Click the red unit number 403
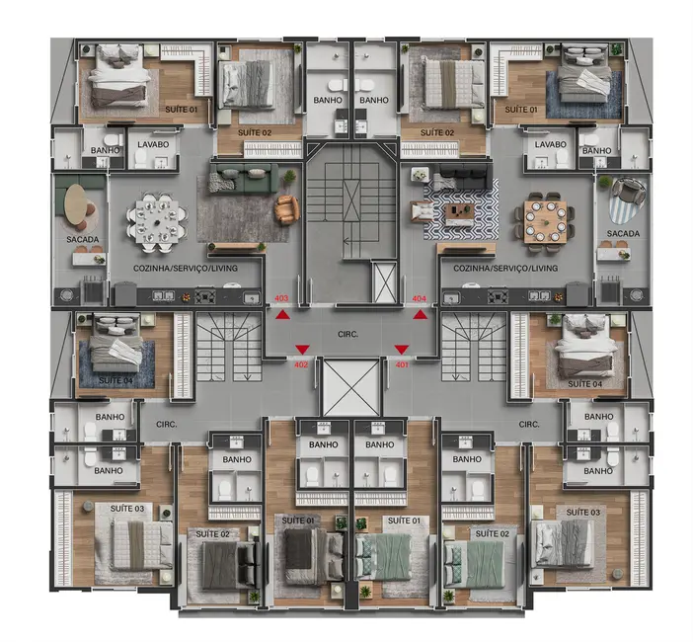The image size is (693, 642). [x=281, y=298]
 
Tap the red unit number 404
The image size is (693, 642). [x=419, y=298]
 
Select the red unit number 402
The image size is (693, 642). [x=302, y=363]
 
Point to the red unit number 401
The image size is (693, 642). [x=402, y=363]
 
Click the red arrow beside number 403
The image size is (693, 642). [x=283, y=315]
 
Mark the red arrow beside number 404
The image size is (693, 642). [x=421, y=315]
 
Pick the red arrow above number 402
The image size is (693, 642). [x=301, y=349]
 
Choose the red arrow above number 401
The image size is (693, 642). [x=402, y=349]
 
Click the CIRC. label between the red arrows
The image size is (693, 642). [x=346, y=335]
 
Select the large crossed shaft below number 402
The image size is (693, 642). [x=350, y=388]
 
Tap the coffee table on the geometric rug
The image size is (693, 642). [x=460, y=210]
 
